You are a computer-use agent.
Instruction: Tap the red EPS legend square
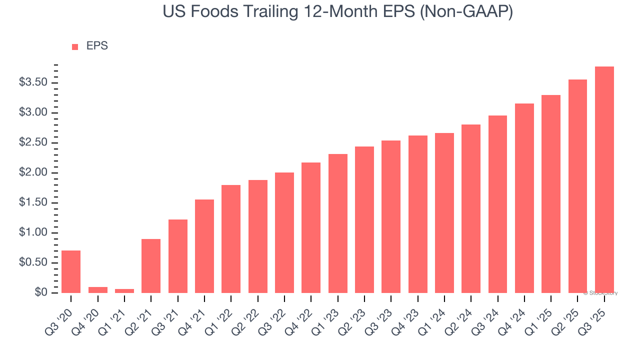point(75,47)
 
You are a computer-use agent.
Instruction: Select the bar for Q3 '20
point(71,271)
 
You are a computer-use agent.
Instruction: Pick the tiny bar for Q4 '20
point(97,290)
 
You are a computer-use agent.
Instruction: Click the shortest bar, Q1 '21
point(124,291)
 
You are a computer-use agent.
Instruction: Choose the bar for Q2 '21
point(151,266)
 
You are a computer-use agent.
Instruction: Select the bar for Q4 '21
point(204,246)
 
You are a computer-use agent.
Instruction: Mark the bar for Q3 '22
point(284,232)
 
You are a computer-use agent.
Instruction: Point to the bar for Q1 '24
point(444,213)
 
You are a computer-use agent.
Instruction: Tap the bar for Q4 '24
point(524,198)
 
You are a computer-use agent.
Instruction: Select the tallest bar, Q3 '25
point(604,179)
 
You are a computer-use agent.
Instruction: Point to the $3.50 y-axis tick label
point(35,82)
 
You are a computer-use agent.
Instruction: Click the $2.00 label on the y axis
point(35,172)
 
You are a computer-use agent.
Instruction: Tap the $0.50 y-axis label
point(35,262)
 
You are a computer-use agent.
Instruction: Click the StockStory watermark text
point(600,293)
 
